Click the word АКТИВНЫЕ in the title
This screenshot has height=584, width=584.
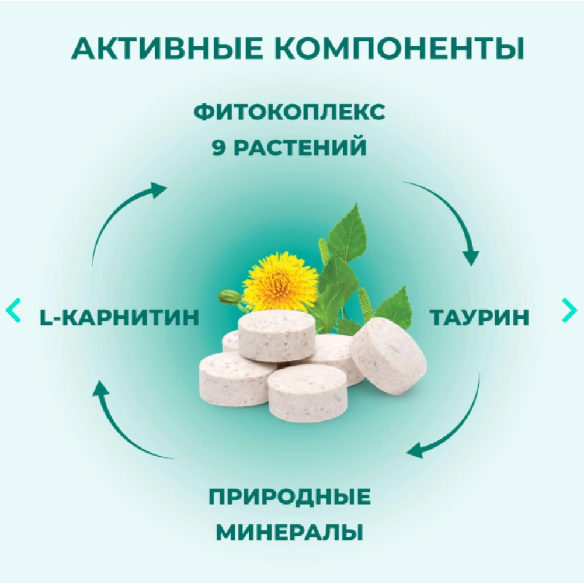click(x=167, y=49)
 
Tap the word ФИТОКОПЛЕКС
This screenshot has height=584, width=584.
click(x=290, y=112)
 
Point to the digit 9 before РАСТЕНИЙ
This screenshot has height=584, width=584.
click(x=218, y=147)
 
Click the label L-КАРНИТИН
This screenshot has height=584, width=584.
click(x=119, y=317)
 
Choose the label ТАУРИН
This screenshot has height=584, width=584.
click(x=479, y=317)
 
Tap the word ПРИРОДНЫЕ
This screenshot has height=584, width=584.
click(x=290, y=497)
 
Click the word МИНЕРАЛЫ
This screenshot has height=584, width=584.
click(x=290, y=532)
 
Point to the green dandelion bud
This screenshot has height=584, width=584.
click(x=228, y=297)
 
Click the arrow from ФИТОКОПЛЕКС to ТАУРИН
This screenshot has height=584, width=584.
click(x=453, y=213)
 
